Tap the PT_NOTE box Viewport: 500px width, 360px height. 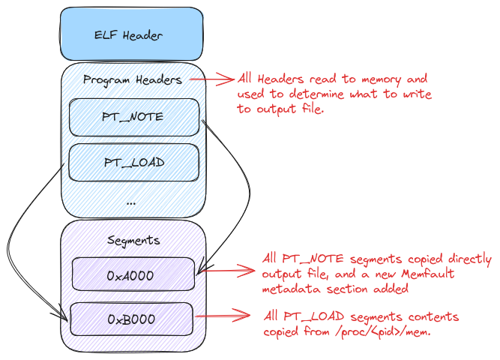click(x=134, y=118)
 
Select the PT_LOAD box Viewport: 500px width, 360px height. click(x=134, y=161)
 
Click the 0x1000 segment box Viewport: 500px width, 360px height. click(x=133, y=274)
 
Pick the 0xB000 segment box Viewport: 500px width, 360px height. click(x=132, y=319)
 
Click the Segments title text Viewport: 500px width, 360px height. click(x=132, y=240)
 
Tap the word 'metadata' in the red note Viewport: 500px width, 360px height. click(x=287, y=288)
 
